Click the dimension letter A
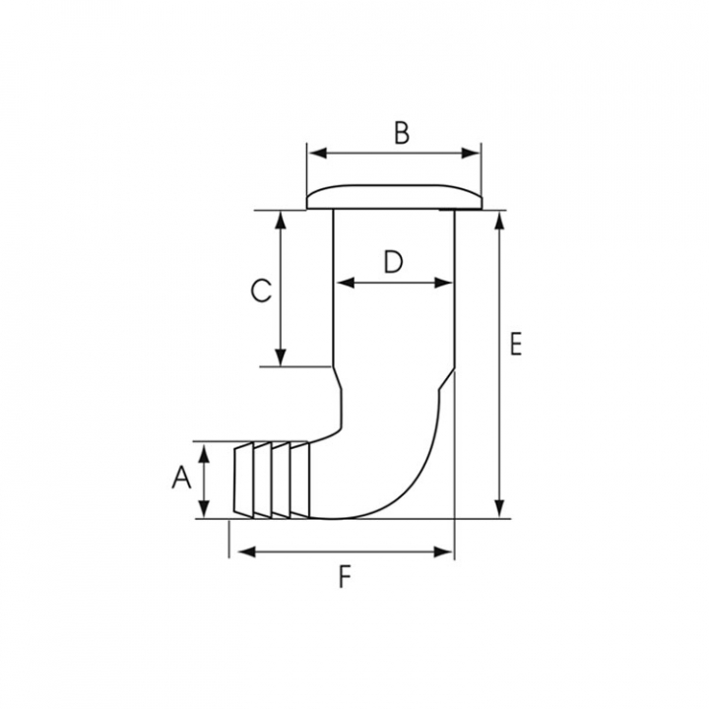click(181, 478)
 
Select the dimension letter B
click(402, 133)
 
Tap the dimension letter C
click(261, 290)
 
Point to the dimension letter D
click(393, 262)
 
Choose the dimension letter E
click(515, 344)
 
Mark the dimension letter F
click(345, 577)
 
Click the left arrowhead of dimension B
click(317, 154)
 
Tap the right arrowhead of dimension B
click(471, 154)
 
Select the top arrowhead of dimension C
click(281, 221)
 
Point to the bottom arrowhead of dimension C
click(281, 356)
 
